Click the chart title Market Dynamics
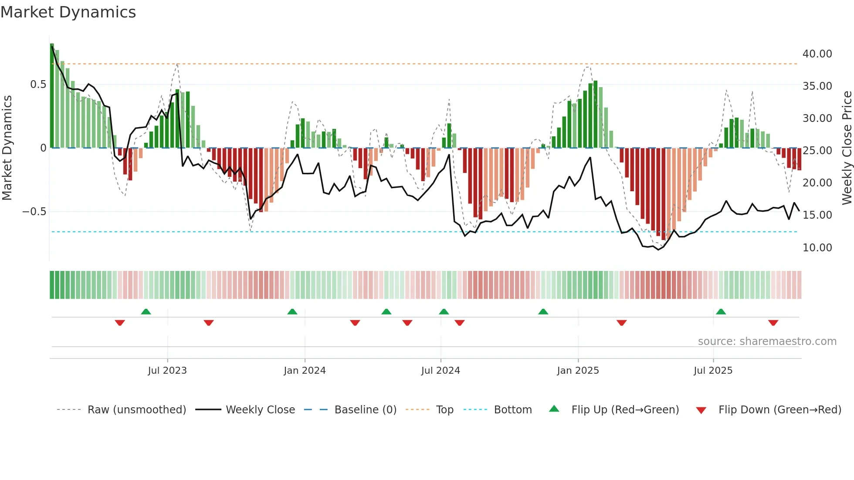coord(68,12)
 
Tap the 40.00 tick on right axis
coord(817,54)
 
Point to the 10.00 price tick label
coord(817,247)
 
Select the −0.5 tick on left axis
coord(34,212)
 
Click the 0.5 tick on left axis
coord(38,84)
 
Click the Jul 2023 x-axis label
coord(167,371)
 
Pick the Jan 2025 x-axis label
coord(578,371)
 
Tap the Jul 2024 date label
coord(441,371)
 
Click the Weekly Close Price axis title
coord(847,148)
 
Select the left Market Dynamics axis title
coord(7,148)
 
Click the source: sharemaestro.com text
coord(767,341)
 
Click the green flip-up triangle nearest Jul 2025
coord(721,312)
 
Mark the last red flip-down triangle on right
coord(773,323)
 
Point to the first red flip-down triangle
coord(120,323)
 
